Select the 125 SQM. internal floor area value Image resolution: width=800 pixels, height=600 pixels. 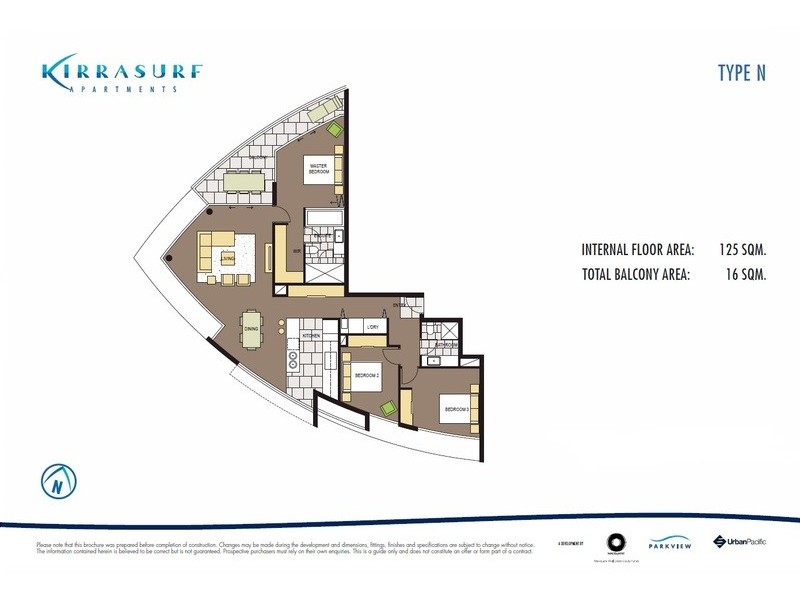coord(743,251)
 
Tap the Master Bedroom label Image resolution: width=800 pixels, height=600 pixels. coord(320,170)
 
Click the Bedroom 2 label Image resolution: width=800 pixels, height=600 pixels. coord(367,376)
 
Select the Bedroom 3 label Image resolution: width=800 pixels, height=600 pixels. coord(456,410)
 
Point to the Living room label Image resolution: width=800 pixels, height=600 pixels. coord(228,256)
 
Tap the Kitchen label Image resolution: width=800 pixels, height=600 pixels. coord(310,336)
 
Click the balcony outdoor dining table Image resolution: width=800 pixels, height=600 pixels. coord(244,181)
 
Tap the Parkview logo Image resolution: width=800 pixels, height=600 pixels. coord(666,545)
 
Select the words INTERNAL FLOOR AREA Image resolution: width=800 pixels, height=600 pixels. coord(634,251)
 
